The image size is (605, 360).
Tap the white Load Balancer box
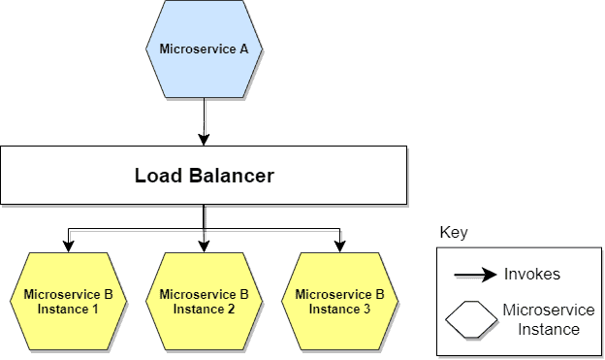[x=204, y=176]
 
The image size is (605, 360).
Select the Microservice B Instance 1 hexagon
[x=68, y=301]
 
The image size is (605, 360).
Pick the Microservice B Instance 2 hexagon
[x=204, y=301]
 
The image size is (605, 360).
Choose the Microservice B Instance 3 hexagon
[x=339, y=301]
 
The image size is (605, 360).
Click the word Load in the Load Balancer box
[x=156, y=176]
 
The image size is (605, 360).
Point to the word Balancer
[x=229, y=176]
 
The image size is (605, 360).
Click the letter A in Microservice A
[x=243, y=49]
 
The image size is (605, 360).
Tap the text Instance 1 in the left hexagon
[x=68, y=309]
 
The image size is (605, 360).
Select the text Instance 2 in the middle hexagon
[x=204, y=309]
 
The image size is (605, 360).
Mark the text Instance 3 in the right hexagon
[x=339, y=309]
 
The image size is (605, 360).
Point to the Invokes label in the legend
[x=531, y=275]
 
